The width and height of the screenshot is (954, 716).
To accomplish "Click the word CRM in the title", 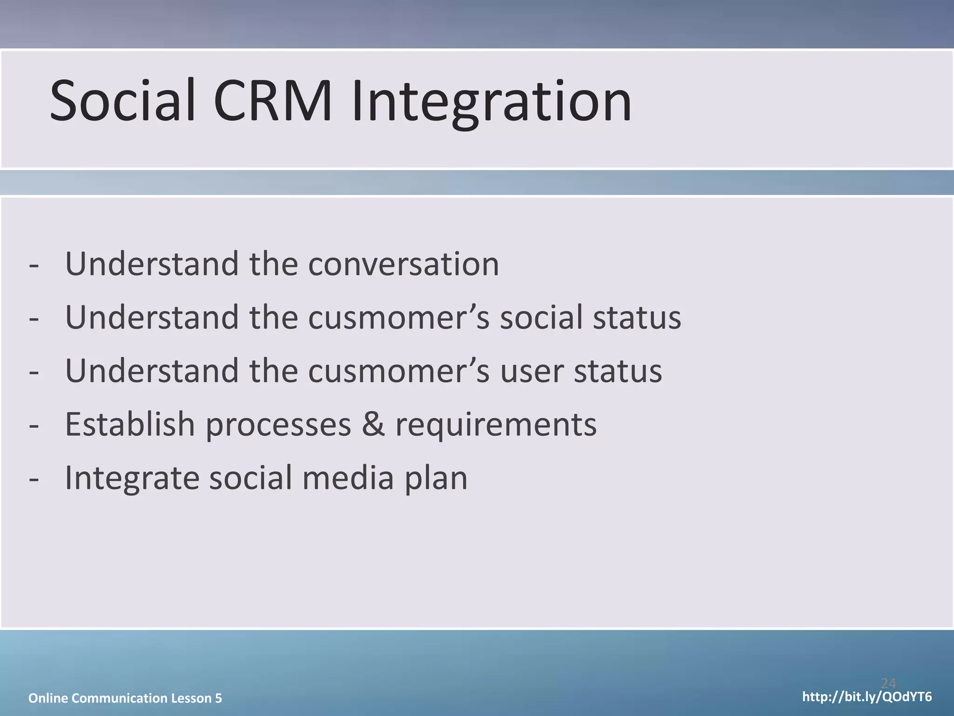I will pyautogui.click(x=273, y=101).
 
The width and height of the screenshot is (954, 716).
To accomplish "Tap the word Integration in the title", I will pyautogui.click(x=491, y=101).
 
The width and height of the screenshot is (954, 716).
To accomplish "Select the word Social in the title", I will pyautogui.click(x=122, y=101).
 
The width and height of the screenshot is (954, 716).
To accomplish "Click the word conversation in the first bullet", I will pyautogui.click(x=403, y=264).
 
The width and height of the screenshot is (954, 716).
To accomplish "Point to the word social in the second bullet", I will pyautogui.click(x=541, y=318).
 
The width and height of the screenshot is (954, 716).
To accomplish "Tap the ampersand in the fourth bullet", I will pyautogui.click(x=374, y=425).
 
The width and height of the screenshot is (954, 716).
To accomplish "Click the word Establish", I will pyautogui.click(x=130, y=425).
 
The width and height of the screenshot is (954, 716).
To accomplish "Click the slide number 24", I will pyautogui.click(x=888, y=683).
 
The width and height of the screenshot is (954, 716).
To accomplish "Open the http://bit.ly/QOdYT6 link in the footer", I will pyautogui.click(x=867, y=697).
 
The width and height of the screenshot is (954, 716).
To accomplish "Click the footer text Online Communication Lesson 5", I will pyautogui.click(x=125, y=698).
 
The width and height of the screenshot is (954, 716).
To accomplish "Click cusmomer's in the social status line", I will pyautogui.click(x=399, y=318).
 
